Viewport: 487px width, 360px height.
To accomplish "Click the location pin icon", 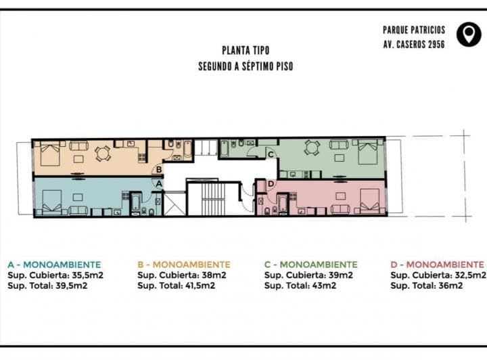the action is click(x=469, y=35).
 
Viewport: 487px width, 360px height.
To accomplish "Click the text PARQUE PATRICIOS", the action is click(x=414, y=30).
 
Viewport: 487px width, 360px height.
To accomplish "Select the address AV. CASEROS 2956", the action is click(x=414, y=45).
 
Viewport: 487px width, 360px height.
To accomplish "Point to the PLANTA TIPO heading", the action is click(x=246, y=50).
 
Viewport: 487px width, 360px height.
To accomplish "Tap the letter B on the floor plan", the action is click(x=159, y=170).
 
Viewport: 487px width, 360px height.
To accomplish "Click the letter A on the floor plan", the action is click(x=159, y=184).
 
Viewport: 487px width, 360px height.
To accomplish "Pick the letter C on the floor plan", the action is click(x=271, y=154).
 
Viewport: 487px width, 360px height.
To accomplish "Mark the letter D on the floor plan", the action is click(x=271, y=184).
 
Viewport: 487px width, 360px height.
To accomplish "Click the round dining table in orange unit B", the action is click(x=103, y=154).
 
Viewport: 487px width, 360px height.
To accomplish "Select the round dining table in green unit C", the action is click(x=312, y=148).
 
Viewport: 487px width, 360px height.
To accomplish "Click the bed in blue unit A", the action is click(x=51, y=202).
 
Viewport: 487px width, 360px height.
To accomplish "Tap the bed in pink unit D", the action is click(x=369, y=201).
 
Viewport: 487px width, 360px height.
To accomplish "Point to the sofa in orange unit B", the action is click(x=78, y=145).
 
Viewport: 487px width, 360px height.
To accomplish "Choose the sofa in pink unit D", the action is click(x=341, y=209).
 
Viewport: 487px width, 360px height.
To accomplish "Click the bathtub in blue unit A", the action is click(x=136, y=204).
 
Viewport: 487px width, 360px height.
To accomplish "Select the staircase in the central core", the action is click(x=213, y=199).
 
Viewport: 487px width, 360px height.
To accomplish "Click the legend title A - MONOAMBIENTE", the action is click(x=54, y=265).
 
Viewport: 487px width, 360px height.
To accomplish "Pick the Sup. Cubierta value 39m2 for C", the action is click(x=341, y=275).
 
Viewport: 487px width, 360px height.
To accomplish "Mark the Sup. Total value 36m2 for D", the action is click(x=450, y=286).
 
